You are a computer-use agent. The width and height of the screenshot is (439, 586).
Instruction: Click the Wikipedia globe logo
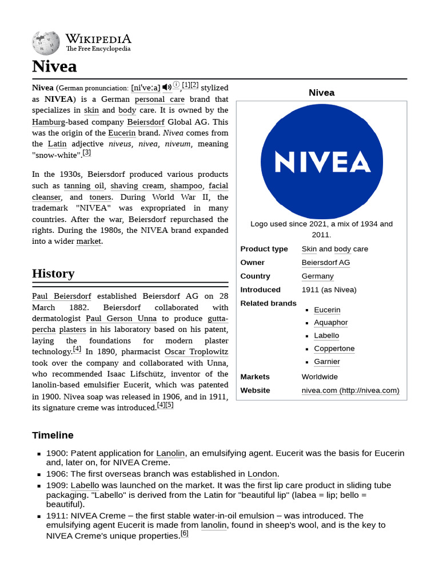point(46,43)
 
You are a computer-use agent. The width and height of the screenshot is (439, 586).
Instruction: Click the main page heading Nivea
point(54,66)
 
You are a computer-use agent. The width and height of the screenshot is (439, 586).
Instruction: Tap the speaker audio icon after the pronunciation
point(166,87)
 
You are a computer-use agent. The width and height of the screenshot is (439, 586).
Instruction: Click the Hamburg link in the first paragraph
point(49,122)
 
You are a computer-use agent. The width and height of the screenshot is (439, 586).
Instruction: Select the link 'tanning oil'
point(84,186)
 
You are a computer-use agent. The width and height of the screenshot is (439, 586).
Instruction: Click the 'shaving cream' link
point(137,186)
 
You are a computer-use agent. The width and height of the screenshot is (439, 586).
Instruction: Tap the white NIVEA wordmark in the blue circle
point(321,162)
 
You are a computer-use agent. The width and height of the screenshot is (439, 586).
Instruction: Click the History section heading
point(53,274)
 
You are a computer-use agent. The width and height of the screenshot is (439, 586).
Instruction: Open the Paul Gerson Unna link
point(121,319)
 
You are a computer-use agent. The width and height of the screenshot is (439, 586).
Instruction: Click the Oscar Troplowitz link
point(196,352)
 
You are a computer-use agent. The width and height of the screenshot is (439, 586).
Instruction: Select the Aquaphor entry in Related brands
point(330,323)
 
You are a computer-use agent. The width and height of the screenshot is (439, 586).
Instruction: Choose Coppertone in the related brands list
point(334,349)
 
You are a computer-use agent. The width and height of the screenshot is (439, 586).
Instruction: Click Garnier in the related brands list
point(327,362)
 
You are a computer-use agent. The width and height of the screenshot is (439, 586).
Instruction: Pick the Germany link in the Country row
point(317,276)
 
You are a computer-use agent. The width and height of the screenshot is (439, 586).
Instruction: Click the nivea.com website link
point(350,391)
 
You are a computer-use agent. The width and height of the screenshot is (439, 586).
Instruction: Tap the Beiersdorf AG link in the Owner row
point(326,263)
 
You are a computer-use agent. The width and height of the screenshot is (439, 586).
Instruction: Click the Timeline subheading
point(53,435)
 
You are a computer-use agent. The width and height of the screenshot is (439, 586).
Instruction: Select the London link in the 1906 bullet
point(262,474)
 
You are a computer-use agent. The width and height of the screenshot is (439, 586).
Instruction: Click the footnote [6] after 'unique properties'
point(184,534)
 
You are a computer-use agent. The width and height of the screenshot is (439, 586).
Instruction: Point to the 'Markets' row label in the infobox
point(255,377)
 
